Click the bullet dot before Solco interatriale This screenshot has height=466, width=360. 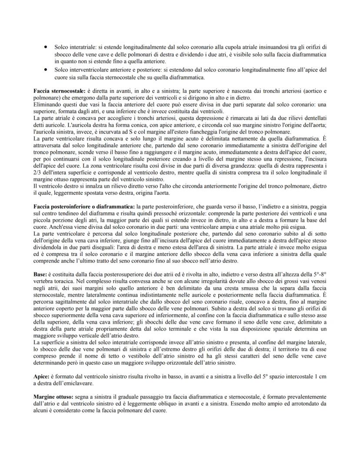45,46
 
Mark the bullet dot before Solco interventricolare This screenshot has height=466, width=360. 45,69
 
